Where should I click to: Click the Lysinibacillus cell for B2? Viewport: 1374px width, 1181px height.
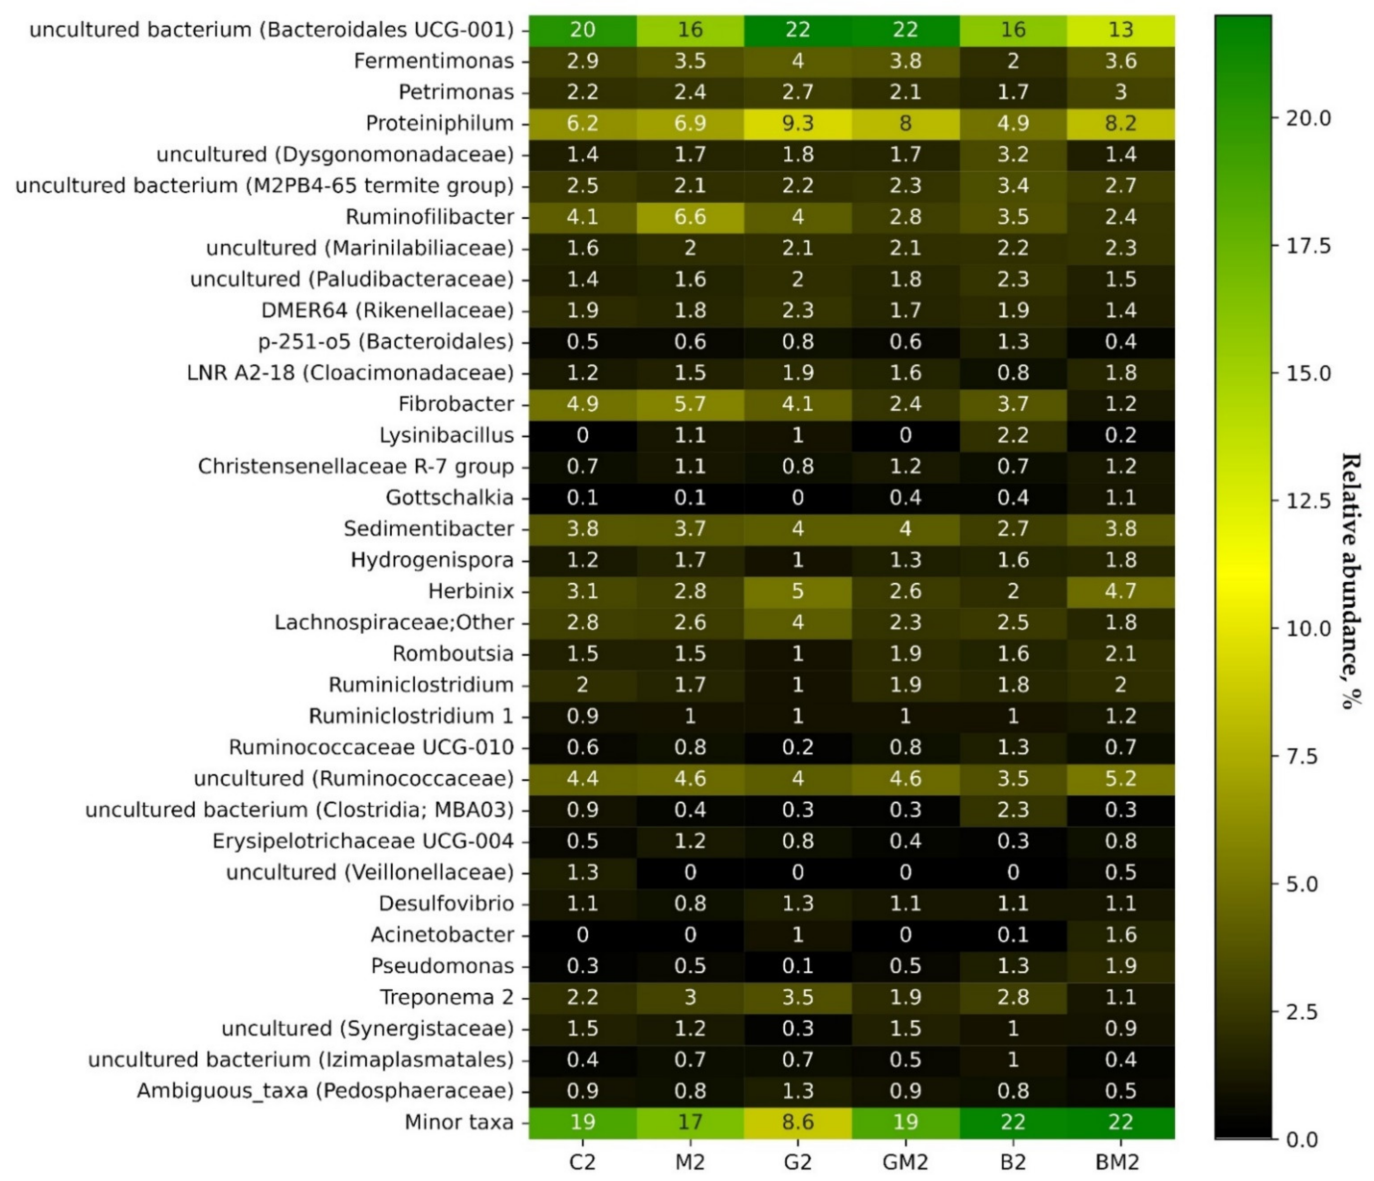pos(1013,435)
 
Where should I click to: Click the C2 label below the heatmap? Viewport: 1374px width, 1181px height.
pos(582,1162)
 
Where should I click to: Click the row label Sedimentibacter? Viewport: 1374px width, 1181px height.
pos(428,528)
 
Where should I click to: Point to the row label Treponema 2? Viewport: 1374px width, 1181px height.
pos(446,997)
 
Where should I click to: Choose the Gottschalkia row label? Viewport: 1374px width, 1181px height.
pos(449,497)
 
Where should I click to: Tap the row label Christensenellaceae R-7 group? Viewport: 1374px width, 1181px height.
pos(356,466)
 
